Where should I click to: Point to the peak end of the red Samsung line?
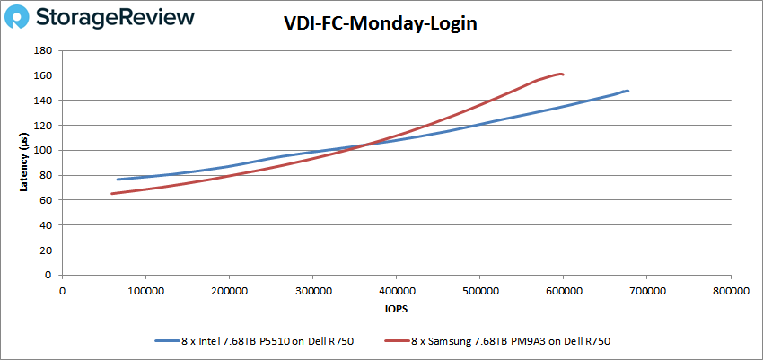coord(561,74)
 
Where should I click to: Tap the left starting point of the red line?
coord(111,193)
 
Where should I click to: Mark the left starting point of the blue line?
coord(118,180)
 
